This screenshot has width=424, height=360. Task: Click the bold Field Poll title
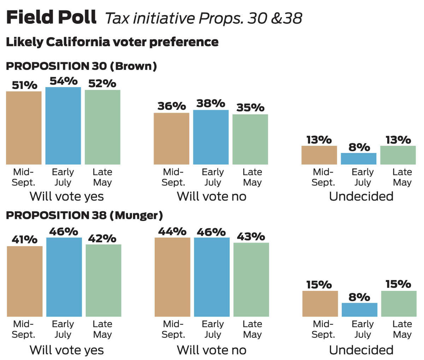point(51,17)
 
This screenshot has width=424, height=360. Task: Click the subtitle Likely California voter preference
point(112,42)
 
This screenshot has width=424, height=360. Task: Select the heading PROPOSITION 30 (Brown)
point(81,66)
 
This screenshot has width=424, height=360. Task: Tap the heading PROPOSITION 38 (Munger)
point(84,215)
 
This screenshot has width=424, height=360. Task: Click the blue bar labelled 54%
point(63,126)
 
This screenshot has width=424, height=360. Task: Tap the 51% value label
point(24,85)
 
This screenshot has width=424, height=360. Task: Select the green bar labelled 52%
point(102,127)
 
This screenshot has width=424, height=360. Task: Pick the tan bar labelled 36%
point(171,139)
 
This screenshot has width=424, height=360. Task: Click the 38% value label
point(211,103)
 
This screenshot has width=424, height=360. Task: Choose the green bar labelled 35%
point(250,139)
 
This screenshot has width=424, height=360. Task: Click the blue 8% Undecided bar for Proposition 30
point(359,159)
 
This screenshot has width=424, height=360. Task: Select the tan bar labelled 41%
point(25,281)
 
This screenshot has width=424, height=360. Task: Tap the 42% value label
point(102,239)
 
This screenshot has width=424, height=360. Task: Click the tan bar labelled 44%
point(172,277)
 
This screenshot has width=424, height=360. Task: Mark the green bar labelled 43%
point(251,280)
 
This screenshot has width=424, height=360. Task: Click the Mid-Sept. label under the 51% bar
point(23,177)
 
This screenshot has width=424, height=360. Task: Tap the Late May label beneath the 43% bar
point(252,329)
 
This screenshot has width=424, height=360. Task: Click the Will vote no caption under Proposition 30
point(211,196)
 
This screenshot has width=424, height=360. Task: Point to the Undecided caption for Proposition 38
point(361,350)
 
